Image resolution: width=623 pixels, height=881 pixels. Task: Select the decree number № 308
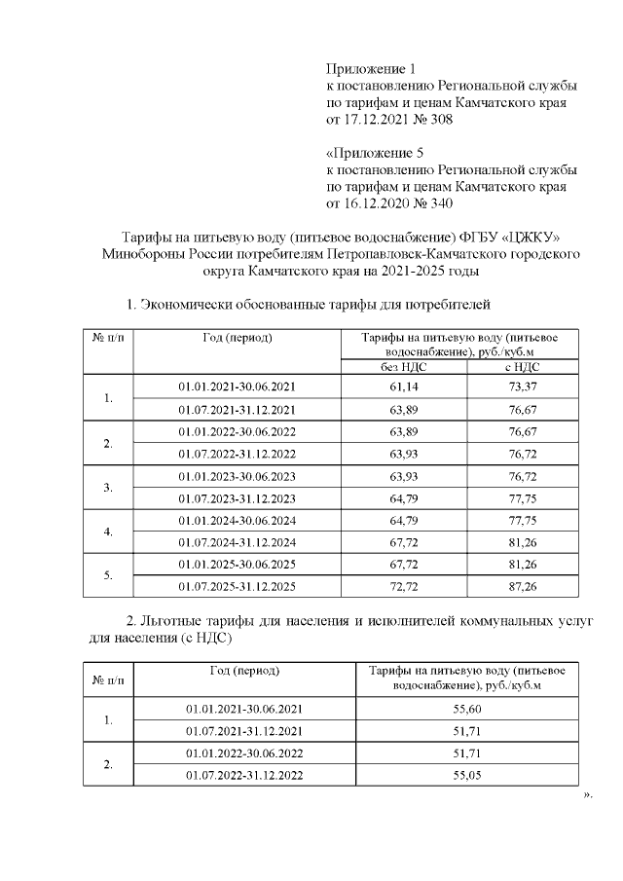(429, 120)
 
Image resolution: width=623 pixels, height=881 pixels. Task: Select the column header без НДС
(403, 366)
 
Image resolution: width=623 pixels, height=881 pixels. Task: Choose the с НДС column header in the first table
(525, 366)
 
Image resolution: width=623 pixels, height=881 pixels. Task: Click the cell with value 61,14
(403, 386)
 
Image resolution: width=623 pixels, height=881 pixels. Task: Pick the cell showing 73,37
(525, 386)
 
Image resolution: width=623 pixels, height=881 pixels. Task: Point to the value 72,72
(403, 587)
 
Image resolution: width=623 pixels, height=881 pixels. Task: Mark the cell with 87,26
(525, 587)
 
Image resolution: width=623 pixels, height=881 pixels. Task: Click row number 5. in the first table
(108, 576)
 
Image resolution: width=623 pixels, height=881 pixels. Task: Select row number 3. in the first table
(108, 487)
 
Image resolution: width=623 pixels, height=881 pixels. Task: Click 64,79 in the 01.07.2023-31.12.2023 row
(403, 497)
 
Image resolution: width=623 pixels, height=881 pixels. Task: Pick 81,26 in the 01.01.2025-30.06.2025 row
(525, 565)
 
